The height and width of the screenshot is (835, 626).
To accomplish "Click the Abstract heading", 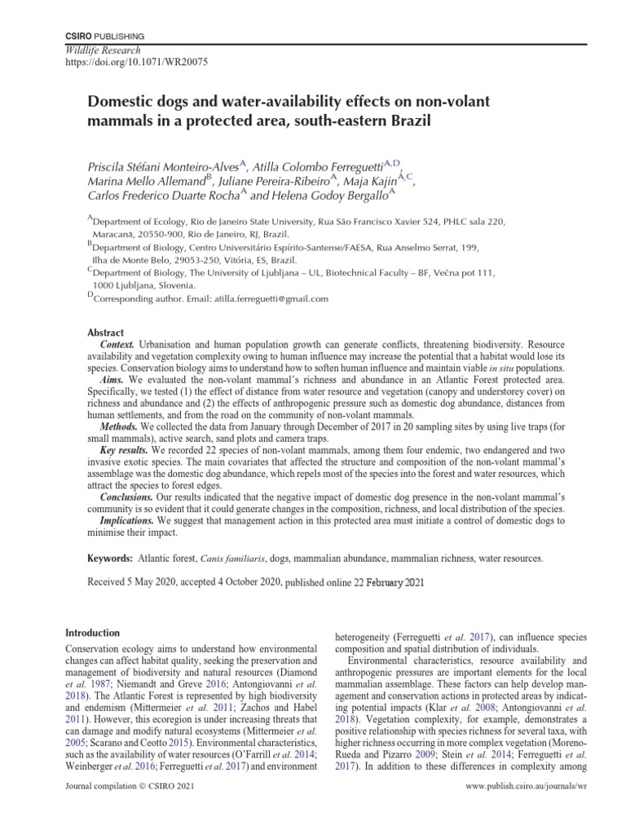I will point(105,334).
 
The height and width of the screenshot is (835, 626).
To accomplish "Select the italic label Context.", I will point(117,346).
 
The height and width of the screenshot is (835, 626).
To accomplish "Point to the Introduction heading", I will point(92,633).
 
